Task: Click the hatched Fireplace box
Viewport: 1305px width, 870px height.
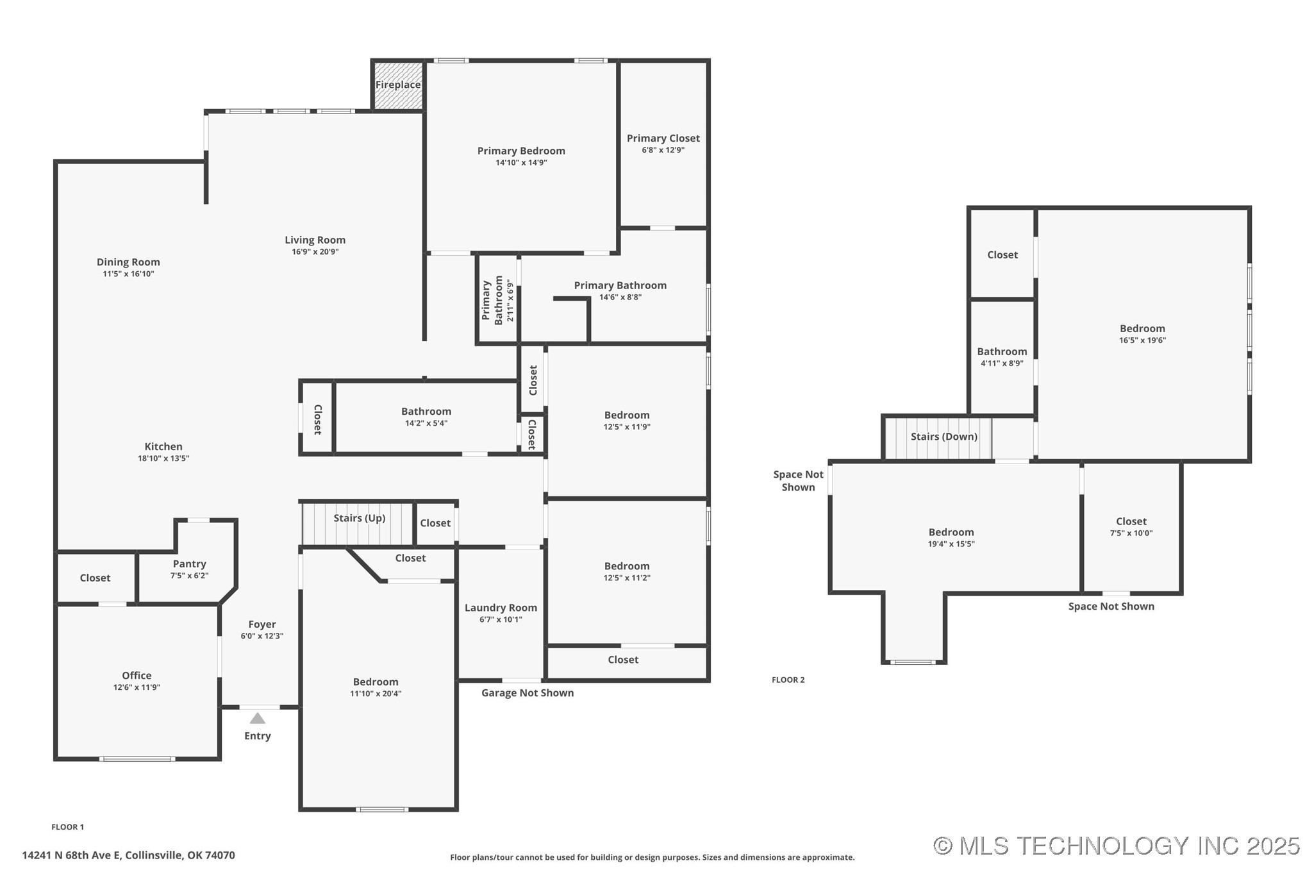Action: pyautogui.click(x=398, y=85)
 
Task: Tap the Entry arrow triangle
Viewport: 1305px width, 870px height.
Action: pyautogui.click(x=257, y=718)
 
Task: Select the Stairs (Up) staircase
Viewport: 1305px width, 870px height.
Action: pyautogui.click(x=358, y=524)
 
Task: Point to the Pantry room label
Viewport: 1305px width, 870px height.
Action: pyautogui.click(x=189, y=564)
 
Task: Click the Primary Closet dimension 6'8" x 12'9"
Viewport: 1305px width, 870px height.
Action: pyautogui.click(x=663, y=150)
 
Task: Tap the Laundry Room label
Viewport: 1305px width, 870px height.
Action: pyautogui.click(x=501, y=608)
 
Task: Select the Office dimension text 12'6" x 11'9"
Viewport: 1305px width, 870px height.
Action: pyautogui.click(x=137, y=687)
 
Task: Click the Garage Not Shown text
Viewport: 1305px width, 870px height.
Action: pyautogui.click(x=527, y=693)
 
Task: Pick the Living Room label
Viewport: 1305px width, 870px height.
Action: pyautogui.click(x=315, y=240)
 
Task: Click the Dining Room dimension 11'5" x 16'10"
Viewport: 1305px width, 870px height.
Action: pyautogui.click(x=128, y=274)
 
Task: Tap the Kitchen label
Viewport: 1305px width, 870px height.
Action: pyautogui.click(x=163, y=447)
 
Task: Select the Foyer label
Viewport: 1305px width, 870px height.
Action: pyautogui.click(x=262, y=624)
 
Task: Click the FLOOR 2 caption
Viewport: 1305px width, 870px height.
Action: pyautogui.click(x=788, y=680)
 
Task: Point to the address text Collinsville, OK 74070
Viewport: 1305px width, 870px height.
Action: pyautogui.click(x=180, y=855)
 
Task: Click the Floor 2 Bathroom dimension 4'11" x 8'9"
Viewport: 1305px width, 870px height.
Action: pyautogui.click(x=1002, y=364)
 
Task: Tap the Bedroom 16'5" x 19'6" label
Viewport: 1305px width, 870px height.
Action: pyautogui.click(x=1142, y=329)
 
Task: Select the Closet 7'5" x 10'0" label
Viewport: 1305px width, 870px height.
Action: pyautogui.click(x=1131, y=522)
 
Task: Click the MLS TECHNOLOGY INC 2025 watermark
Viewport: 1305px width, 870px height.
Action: pyautogui.click(x=1116, y=846)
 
